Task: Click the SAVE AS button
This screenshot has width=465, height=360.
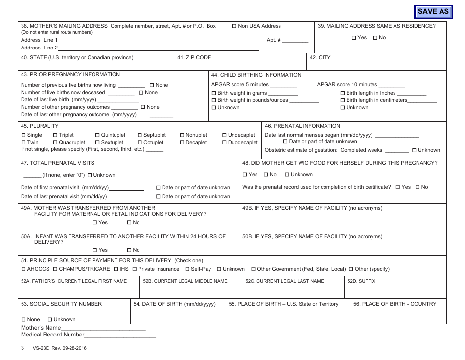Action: [433, 11]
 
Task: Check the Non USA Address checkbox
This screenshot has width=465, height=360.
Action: [234, 26]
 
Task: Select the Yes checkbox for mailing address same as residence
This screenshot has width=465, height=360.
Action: [354, 38]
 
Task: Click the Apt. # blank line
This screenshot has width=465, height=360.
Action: [295, 41]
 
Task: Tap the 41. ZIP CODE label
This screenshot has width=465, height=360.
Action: [194, 58]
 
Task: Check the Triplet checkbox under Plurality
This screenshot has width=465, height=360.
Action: [55, 135]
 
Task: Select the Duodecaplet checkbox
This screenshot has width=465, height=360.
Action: [225, 143]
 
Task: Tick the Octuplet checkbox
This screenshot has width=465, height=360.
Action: [140, 143]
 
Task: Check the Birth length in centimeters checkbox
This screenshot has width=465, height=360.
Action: [343, 100]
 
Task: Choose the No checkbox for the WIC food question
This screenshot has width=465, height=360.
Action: [266, 175]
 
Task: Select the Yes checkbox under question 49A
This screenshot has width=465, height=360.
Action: [95, 223]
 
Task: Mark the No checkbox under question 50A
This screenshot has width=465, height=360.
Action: [129, 250]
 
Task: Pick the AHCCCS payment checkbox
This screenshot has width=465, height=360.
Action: [23, 269]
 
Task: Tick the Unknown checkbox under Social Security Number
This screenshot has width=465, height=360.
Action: [50, 320]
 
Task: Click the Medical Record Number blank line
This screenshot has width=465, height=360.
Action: [120, 336]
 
